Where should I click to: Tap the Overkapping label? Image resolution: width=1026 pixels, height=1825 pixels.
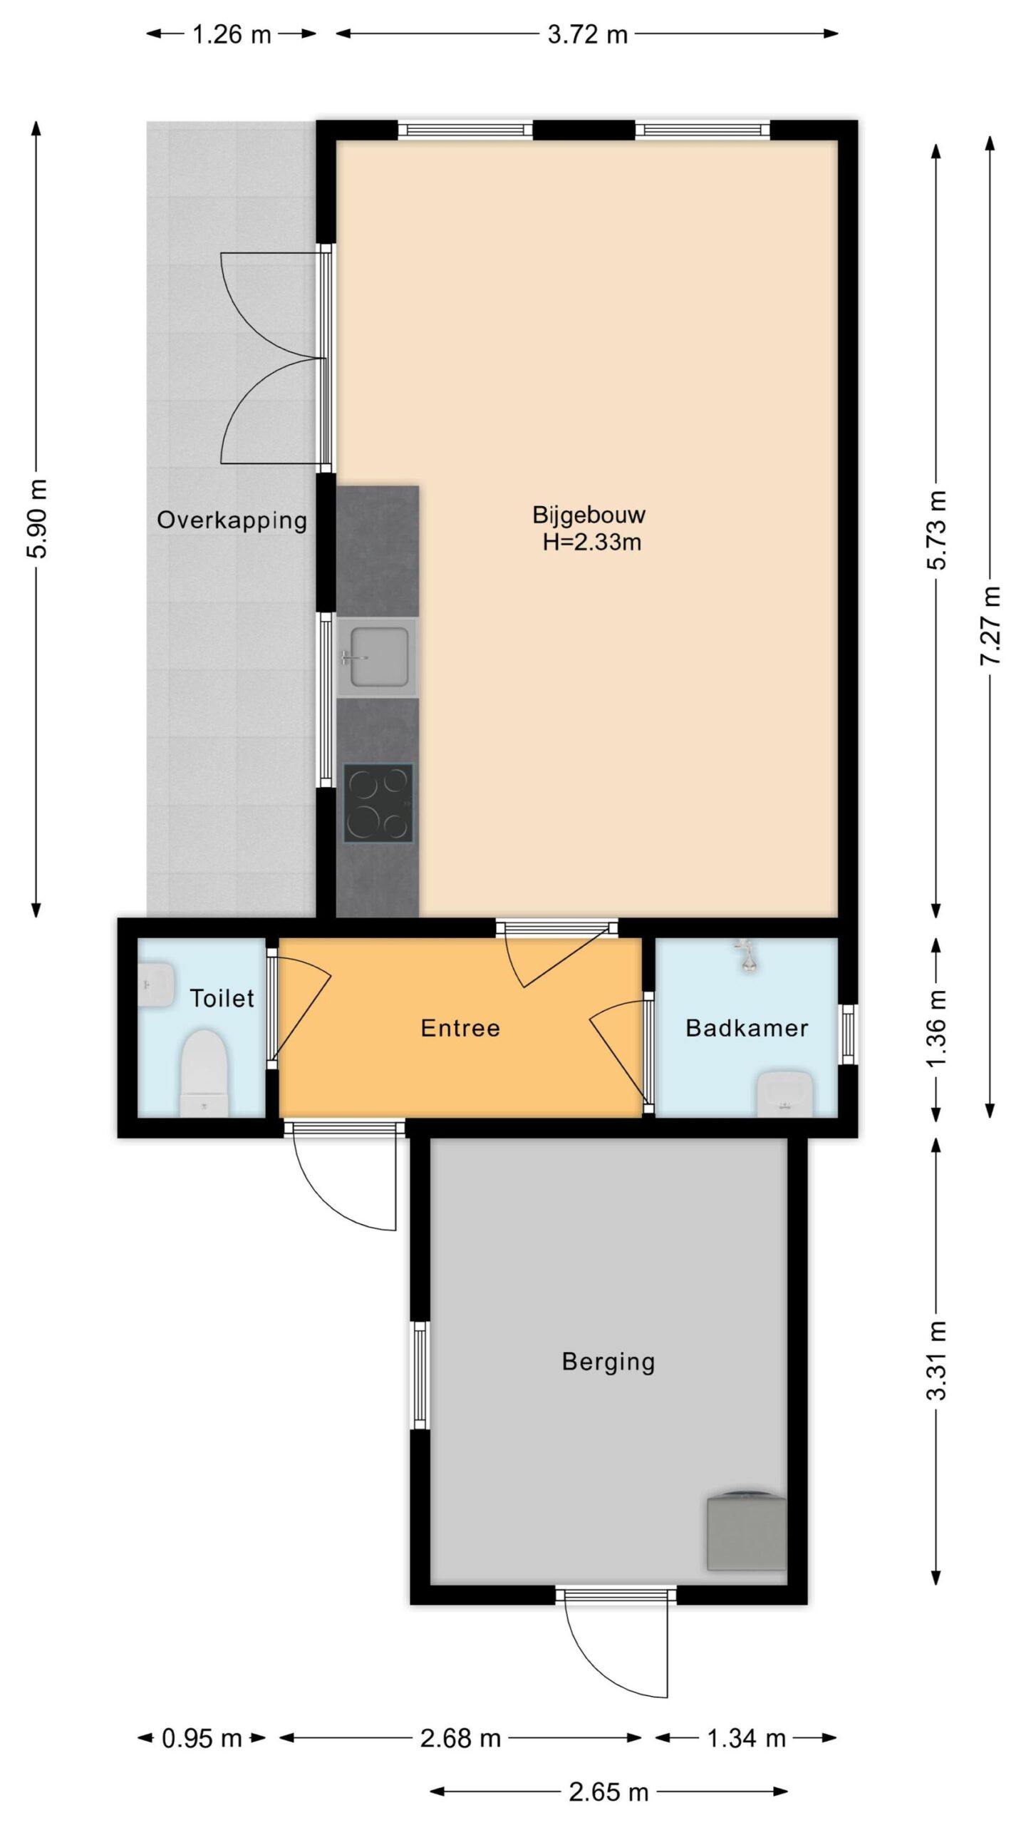(232, 520)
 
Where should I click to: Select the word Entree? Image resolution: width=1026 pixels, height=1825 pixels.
(460, 1028)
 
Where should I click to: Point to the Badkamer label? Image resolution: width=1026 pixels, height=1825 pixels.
(747, 1028)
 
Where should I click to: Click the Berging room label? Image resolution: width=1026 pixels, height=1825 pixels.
(608, 1362)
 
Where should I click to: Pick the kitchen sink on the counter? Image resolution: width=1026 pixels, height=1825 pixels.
(377, 657)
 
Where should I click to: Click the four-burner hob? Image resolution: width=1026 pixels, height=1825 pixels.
(378, 803)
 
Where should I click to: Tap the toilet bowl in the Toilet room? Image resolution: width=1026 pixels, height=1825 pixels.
(204, 1072)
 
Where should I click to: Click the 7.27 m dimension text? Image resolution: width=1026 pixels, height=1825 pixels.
(990, 626)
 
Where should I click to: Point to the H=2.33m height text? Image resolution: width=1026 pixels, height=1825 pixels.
(591, 543)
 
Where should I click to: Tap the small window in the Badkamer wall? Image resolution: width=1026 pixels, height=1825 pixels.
(848, 1034)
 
